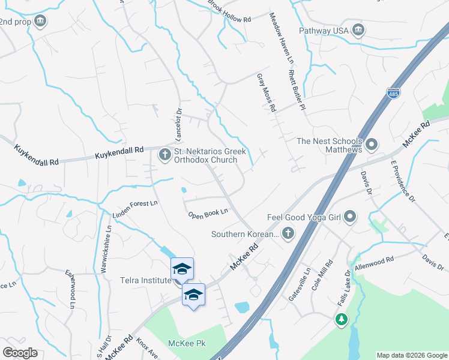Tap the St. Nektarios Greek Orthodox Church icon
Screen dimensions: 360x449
tap(164, 155)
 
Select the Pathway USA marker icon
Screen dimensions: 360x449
tap(358, 30)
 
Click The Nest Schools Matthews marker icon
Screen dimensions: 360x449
tap(372, 145)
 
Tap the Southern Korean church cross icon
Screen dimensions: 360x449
tap(288, 233)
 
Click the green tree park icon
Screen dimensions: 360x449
tap(342, 319)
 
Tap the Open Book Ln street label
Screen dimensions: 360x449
tap(208, 213)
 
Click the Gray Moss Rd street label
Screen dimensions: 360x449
tap(265, 93)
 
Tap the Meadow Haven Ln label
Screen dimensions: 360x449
tap(281, 39)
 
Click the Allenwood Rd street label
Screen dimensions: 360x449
tap(374, 262)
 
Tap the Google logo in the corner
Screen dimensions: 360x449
tap(20, 353)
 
